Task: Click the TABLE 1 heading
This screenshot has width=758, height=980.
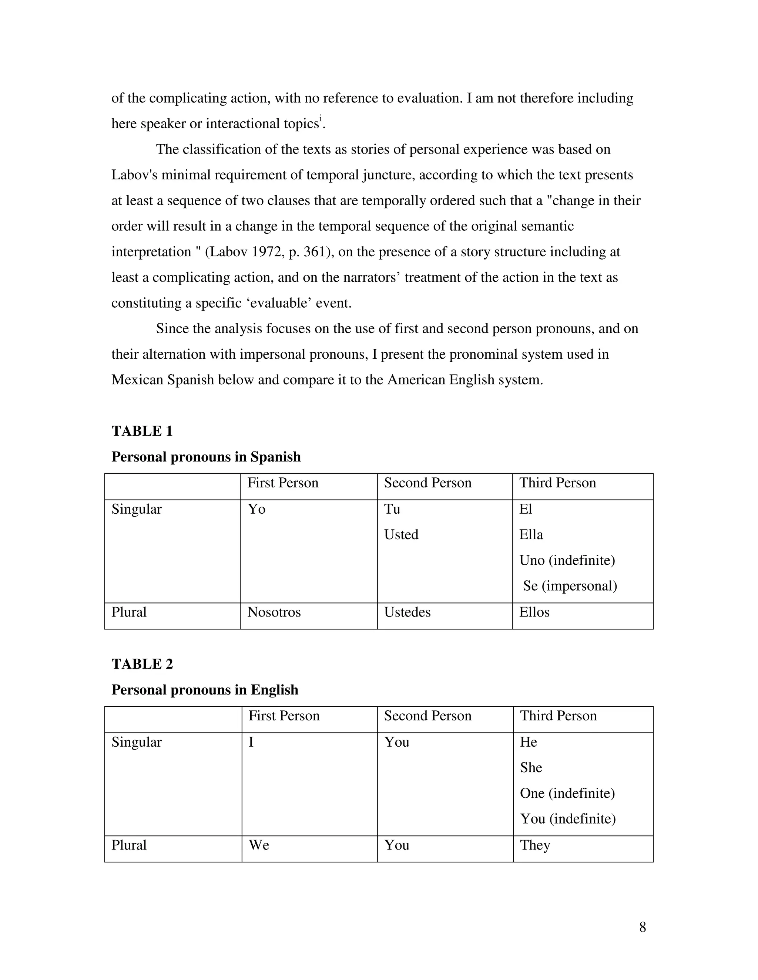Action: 142,431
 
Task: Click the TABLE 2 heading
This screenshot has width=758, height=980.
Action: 142,664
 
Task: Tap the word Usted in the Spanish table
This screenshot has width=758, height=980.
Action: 401,535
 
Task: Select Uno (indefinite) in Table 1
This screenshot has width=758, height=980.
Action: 567,560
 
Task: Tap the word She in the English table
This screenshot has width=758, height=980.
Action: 531,768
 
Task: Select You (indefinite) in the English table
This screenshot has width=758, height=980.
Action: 568,819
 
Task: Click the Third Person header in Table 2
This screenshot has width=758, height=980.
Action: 558,716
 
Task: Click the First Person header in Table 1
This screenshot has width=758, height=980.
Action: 282,483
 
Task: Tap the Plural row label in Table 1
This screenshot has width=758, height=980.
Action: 129,612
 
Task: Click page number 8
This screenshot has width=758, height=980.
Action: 642,927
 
